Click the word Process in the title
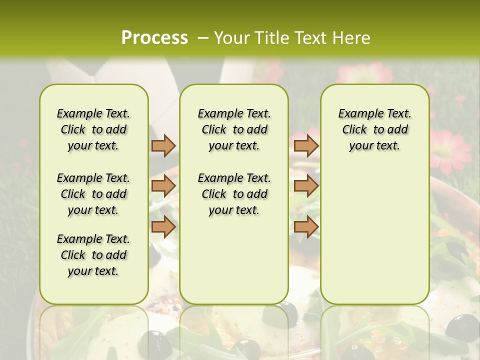[x=154, y=38]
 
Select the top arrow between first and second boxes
[x=163, y=145]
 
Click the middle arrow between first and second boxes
[x=163, y=186]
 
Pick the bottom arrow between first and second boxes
[x=163, y=227]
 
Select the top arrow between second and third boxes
[x=305, y=145]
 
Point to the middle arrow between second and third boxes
[x=305, y=186]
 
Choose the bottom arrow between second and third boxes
[x=305, y=227]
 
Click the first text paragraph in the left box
[x=93, y=129]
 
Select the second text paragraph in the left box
[x=93, y=194]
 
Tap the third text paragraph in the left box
[x=93, y=255]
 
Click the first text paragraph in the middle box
[x=234, y=129]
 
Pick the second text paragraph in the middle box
[x=234, y=194]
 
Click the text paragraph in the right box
[x=374, y=129]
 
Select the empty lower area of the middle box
[x=234, y=260]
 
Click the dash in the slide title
[x=202, y=38]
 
